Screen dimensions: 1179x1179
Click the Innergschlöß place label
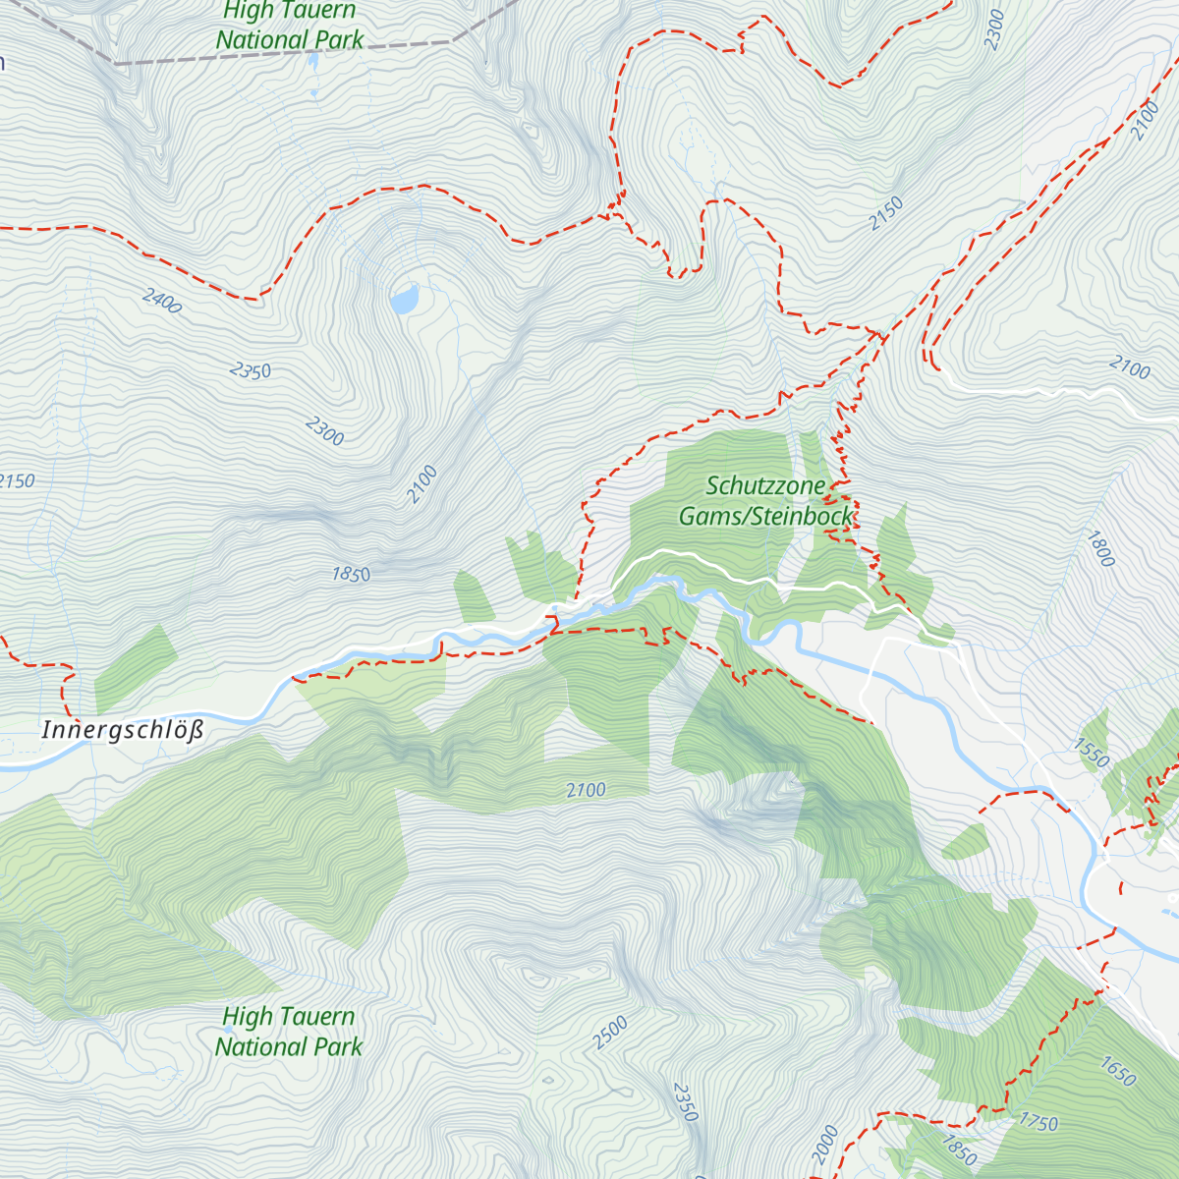[123, 731]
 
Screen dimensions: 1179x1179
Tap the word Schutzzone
[766, 485]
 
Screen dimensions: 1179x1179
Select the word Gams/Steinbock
[766, 516]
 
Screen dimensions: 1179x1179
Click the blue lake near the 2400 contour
[404, 299]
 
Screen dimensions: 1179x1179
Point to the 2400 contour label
[162, 302]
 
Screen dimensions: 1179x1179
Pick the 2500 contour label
[610, 1034]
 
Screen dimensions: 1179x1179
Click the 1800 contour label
[1100, 548]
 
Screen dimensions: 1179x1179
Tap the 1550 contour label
[1091, 754]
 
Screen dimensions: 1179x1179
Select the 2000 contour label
[825, 1145]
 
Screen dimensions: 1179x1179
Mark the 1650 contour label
[1118, 1072]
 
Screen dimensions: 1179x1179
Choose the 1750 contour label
[1039, 1122]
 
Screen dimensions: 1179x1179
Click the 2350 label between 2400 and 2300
[251, 370]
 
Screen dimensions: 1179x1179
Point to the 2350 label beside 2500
[685, 1102]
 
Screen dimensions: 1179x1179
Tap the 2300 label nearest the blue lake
[324, 430]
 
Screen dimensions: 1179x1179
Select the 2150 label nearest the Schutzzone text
[886, 214]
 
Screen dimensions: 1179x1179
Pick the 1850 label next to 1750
[959, 1150]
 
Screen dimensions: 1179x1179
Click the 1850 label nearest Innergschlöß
[351, 575]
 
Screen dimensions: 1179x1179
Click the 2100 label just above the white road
[1130, 369]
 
